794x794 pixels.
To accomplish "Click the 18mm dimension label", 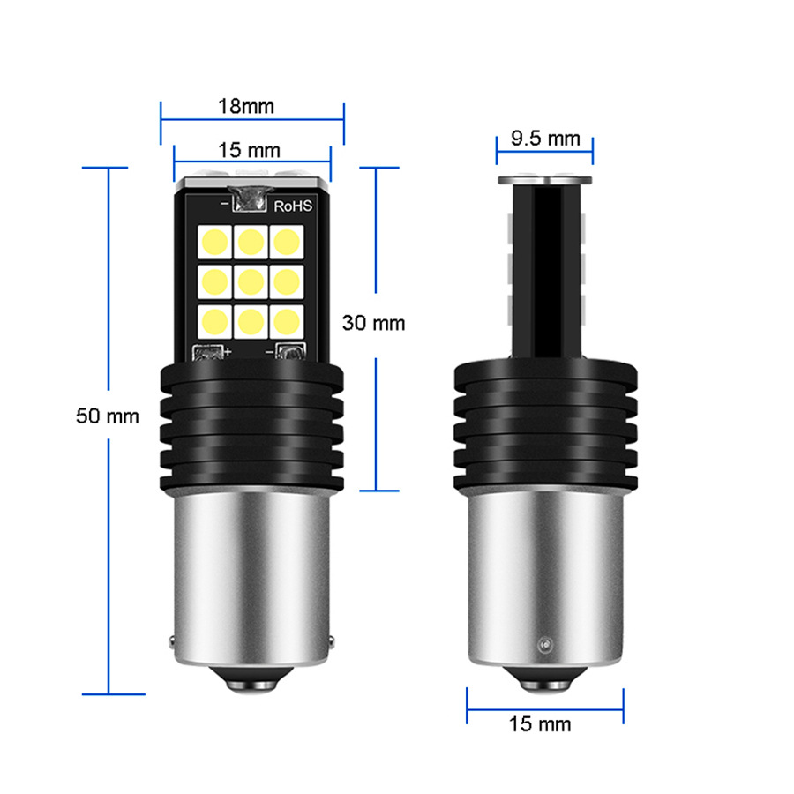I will [246, 107].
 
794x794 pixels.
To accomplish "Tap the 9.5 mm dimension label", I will [545, 138].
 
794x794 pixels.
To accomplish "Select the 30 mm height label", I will [373, 323].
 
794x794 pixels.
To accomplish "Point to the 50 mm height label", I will [108, 416].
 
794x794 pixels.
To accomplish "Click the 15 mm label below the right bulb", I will [540, 724].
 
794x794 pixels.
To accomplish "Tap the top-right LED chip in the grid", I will [286, 239].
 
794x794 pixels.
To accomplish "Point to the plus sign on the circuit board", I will [228, 352].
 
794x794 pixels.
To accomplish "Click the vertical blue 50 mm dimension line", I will [108, 529].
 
